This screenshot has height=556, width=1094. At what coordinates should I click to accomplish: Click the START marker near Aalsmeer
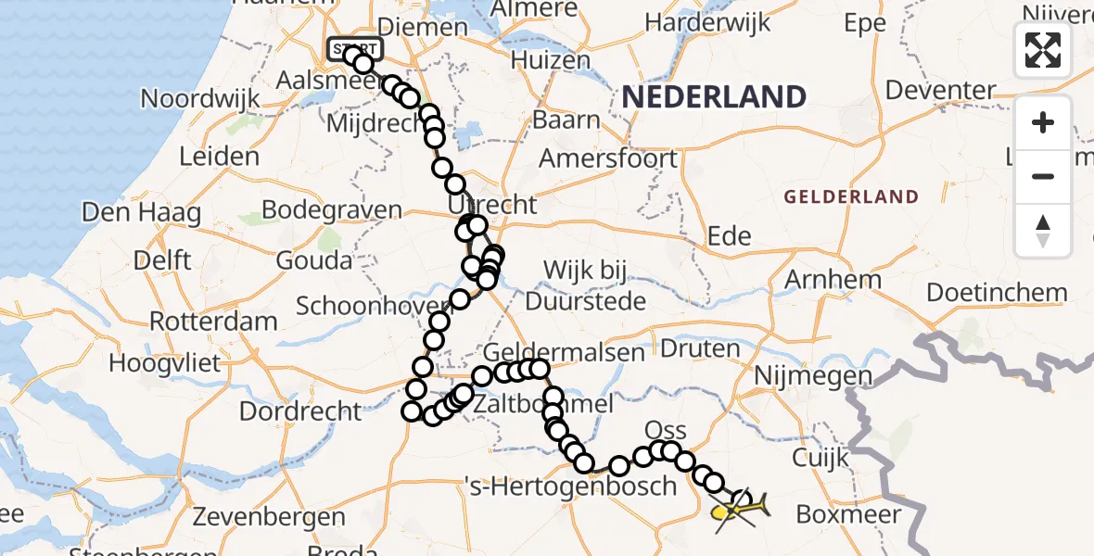354,48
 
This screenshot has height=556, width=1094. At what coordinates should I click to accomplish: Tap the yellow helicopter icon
739,509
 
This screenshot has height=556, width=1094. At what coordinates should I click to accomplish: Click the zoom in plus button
1043,122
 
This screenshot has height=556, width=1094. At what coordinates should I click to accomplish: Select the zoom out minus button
1043,176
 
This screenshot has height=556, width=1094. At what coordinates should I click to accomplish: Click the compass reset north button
1043,230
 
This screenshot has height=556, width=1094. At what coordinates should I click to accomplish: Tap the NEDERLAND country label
713,96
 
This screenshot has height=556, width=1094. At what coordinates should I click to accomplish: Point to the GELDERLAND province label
851,196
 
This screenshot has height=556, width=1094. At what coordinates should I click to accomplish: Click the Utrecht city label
492,204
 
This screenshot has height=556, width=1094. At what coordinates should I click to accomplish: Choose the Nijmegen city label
813,376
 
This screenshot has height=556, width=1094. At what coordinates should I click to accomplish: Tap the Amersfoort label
608,158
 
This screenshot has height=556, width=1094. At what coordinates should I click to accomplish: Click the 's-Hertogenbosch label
570,485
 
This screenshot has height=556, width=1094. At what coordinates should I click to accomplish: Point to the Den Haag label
141,212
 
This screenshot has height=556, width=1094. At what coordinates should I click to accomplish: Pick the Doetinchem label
997,293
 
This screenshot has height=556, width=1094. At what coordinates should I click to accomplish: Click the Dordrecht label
300,410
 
